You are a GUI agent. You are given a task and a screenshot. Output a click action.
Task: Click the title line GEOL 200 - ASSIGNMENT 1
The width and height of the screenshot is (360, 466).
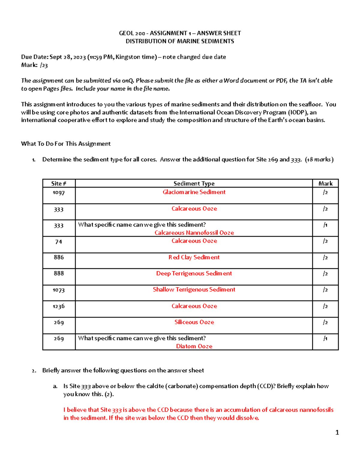[x=180, y=33]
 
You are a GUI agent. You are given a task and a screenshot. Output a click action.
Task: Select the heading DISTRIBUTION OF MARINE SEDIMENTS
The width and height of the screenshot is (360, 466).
[x=180, y=41]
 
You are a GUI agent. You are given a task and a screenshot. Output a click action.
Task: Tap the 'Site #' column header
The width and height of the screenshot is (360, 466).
[x=58, y=184]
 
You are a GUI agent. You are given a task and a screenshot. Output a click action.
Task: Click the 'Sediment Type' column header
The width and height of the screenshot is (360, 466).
[x=194, y=184]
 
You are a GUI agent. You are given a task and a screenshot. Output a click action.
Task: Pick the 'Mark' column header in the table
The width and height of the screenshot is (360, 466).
[x=325, y=184]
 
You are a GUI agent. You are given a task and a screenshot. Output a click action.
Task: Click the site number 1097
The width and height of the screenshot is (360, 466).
[x=58, y=193]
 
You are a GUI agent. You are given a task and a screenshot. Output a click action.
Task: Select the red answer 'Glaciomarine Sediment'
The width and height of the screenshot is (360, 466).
[x=194, y=192]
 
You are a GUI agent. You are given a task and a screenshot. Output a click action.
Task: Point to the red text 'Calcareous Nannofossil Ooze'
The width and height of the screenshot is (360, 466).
[x=194, y=233]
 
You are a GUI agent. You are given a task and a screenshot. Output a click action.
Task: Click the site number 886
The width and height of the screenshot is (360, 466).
[x=58, y=257]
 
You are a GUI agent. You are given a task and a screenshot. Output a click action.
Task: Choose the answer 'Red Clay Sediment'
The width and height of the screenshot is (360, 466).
[x=194, y=257]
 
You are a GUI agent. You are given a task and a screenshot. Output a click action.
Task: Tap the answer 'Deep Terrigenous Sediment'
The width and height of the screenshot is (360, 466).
[x=194, y=274]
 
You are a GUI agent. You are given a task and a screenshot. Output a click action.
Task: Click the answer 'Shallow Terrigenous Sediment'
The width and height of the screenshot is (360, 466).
[x=194, y=290]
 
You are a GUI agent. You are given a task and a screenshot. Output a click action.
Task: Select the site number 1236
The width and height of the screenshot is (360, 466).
[x=58, y=306]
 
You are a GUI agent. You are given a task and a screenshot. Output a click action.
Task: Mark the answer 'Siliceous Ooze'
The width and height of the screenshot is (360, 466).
[x=194, y=322]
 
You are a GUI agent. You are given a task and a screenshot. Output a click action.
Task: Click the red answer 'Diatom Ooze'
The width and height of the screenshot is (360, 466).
[x=194, y=346]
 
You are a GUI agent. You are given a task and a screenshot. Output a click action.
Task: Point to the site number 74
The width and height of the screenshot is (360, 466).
[x=58, y=242]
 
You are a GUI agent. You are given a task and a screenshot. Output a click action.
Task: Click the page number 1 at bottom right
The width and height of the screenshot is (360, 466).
[x=337, y=432]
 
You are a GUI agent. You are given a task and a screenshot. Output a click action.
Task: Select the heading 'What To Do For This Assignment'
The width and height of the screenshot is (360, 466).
[x=66, y=144]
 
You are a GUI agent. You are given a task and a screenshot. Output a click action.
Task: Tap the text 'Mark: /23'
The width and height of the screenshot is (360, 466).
[x=34, y=65]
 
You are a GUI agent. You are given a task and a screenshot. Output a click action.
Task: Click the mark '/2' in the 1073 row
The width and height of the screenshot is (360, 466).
[x=325, y=290]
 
